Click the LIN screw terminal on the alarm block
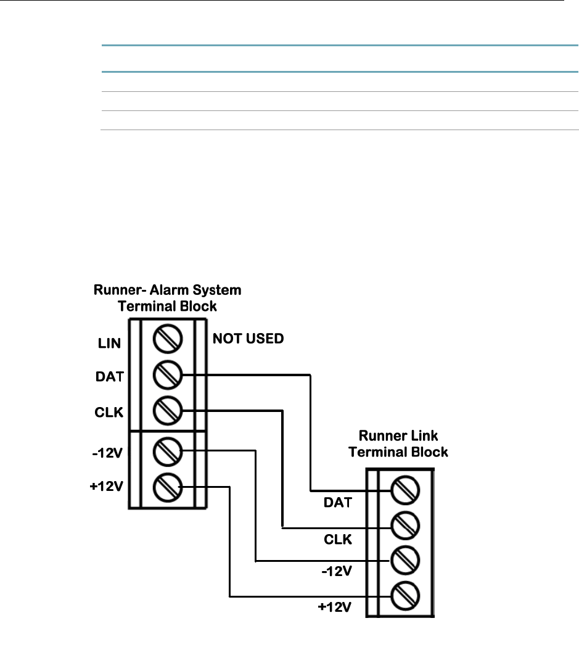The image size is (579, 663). click(x=167, y=339)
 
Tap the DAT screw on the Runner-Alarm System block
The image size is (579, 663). click(x=167, y=374)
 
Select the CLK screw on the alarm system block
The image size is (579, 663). click(x=167, y=411)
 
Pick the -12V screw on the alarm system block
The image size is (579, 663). click(x=167, y=451)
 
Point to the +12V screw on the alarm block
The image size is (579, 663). click(x=167, y=487)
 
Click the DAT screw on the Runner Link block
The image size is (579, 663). click(x=405, y=490)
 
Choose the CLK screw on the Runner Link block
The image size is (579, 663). click(x=405, y=526)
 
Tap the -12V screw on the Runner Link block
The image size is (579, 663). click(x=405, y=561)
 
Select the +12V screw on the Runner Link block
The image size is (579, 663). click(x=405, y=596)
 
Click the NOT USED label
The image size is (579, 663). click(x=248, y=338)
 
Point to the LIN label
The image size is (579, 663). click(x=110, y=343)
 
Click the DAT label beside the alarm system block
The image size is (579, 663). click(x=110, y=376)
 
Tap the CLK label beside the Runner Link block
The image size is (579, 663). click(x=338, y=539)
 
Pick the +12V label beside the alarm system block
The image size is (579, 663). click(x=107, y=486)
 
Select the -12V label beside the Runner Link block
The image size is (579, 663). click(x=337, y=571)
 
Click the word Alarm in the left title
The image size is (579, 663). click(x=169, y=290)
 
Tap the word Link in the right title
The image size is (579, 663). click(x=422, y=435)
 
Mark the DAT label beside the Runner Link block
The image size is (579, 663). click(x=338, y=502)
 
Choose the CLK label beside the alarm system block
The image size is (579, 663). click(x=109, y=412)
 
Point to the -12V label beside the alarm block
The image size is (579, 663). click(x=107, y=453)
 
